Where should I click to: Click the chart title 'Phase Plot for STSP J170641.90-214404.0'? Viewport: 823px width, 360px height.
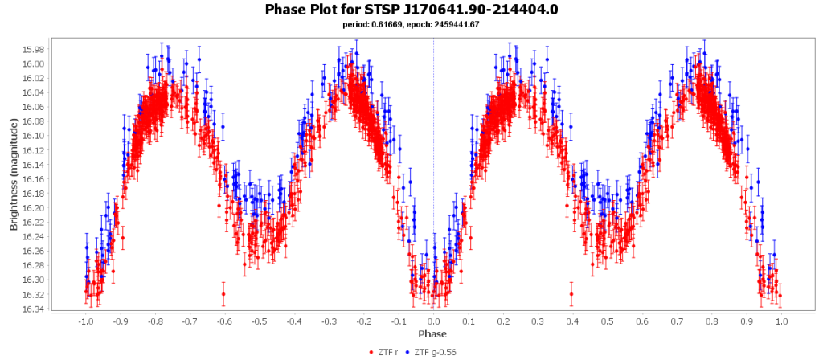tap(411, 10)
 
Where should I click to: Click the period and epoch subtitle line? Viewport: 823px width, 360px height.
tap(411, 24)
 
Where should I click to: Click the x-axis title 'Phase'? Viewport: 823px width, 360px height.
tap(432, 333)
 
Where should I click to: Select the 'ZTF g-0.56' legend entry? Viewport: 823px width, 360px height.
tap(438, 352)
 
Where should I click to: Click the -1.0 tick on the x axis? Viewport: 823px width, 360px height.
tap(85, 321)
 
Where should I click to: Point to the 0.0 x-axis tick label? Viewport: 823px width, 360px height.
tap(433, 321)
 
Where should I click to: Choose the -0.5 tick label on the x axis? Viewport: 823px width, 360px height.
tap(259, 321)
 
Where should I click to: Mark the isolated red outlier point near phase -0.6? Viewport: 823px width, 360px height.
tap(223, 294)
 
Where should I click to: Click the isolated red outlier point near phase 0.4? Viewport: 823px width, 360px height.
tap(571, 294)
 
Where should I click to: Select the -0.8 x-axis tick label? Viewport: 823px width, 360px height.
tap(154, 321)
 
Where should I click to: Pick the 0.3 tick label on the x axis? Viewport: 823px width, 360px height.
tap(538, 321)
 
